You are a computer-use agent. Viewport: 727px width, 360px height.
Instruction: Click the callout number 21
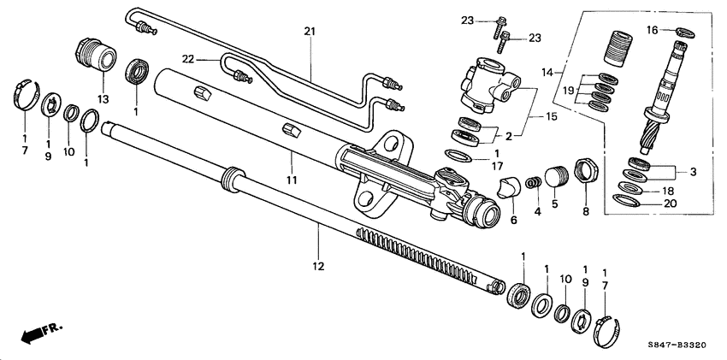pos(309,32)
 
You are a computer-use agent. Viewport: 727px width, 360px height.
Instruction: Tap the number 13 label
pos(103,99)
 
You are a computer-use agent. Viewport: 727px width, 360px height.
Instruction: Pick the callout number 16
pos(652,30)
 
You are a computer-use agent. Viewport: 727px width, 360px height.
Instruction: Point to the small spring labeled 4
pos(534,183)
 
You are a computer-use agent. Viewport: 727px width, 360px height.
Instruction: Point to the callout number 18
pos(669,191)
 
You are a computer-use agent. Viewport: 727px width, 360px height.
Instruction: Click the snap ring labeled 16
pos(685,32)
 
